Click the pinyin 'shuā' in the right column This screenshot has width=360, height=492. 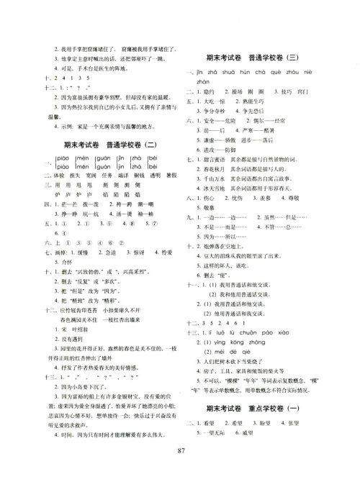click(x=227, y=73)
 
